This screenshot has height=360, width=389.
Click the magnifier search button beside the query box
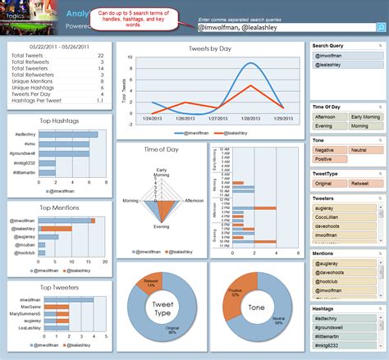(381, 27)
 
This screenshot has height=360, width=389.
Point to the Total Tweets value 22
(100, 55)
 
